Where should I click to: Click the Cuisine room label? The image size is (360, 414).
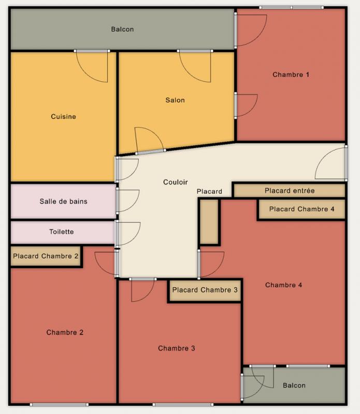tap(63, 116)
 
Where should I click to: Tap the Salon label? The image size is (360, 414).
tap(175, 100)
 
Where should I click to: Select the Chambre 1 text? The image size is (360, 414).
tap(291, 75)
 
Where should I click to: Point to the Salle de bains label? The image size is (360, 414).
tap(63, 201)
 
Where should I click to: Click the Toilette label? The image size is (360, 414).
tap(62, 232)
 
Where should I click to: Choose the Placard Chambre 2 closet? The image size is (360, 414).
tap(46, 256)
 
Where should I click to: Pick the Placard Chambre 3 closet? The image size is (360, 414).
tap(205, 290)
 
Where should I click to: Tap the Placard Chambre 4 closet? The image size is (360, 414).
tap(302, 209)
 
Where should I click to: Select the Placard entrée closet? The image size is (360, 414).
tap(290, 190)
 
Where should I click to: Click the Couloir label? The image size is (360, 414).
tap(176, 182)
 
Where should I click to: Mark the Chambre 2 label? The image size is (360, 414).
tap(65, 332)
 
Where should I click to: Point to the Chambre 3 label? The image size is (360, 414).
tap(177, 348)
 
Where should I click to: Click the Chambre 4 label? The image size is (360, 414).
tap(284, 285)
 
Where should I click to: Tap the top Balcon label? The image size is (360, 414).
tap(122, 29)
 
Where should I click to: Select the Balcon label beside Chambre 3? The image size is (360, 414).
tap(294, 386)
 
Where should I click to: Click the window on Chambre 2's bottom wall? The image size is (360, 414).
tap(59, 405)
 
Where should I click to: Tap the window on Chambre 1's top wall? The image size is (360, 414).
tap(291, 8)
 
